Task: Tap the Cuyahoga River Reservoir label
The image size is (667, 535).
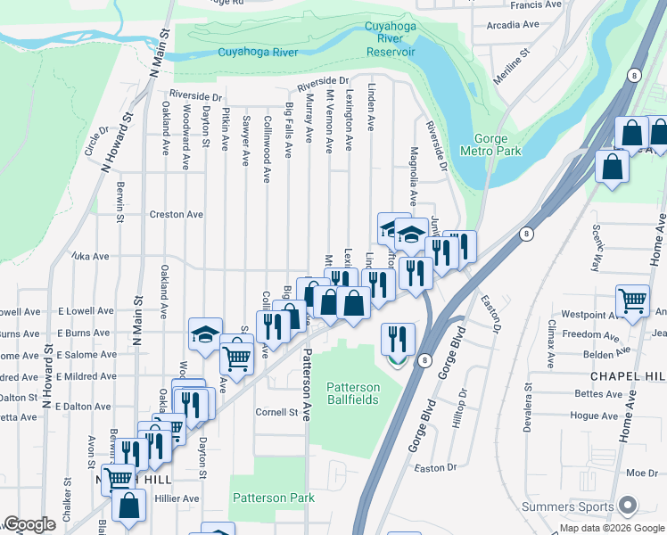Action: (x=391, y=39)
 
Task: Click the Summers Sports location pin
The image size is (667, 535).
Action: (x=628, y=506)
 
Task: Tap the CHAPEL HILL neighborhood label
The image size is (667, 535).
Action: (x=623, y=376)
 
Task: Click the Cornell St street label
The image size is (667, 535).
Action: (x=276, y=412)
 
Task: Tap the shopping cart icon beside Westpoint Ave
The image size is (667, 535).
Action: (x=632, y=301)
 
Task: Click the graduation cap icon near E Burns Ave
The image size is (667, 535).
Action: (x=205, y=335)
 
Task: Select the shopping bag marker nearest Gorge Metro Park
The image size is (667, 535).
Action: (x=613, y=167)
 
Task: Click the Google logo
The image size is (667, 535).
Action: (x=29, y=524)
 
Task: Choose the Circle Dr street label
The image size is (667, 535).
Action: (x=94, y=146)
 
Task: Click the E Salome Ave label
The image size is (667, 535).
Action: (x=86, y=354)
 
